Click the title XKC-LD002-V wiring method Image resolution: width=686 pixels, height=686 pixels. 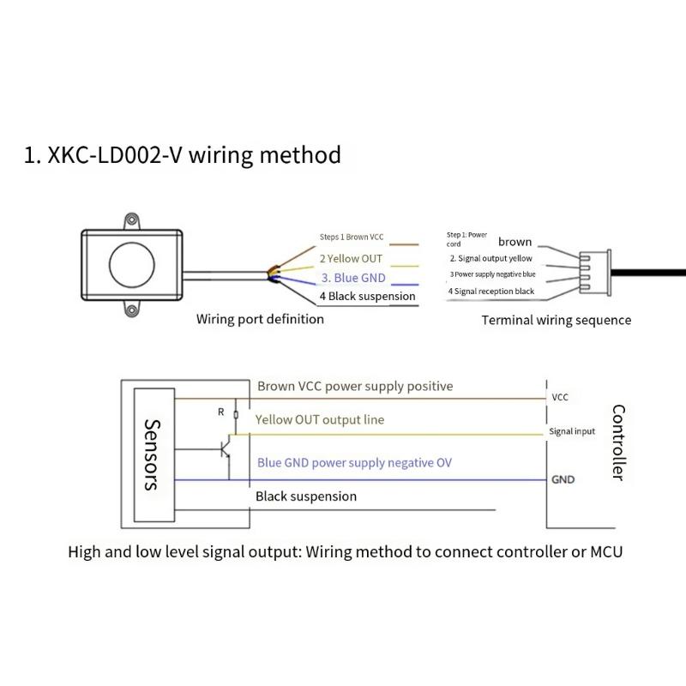coord(183,155)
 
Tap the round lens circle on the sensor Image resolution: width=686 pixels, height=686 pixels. coord(132,265)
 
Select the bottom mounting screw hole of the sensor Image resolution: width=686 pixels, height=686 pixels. coord(131,310)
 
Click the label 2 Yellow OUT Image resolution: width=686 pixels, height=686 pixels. coord(351,259)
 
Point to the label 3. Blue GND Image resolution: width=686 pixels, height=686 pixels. coord(353,278)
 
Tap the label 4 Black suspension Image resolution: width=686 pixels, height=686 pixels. coord(368,296)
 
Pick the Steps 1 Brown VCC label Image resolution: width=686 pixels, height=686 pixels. coord(352,238)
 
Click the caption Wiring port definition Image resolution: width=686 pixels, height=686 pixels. coord(260,319)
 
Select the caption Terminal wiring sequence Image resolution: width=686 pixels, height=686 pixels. coord(557,320)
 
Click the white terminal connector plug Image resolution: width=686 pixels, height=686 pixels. coord(595,273)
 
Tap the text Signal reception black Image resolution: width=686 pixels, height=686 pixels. coord(495,292)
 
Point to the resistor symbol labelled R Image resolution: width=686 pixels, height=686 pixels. coord(236,414)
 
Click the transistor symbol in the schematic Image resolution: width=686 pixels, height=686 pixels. coord(226,447)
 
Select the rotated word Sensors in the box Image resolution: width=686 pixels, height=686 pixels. coord(153,455)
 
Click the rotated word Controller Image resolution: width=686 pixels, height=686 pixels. coord(618,442)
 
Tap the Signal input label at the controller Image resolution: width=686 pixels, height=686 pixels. coord(572,431)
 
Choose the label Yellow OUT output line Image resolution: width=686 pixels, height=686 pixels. coord(320,420)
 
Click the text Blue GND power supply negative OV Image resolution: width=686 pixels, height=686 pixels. coord(354,463)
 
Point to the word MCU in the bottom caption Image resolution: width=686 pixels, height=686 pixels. coord(606,552)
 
